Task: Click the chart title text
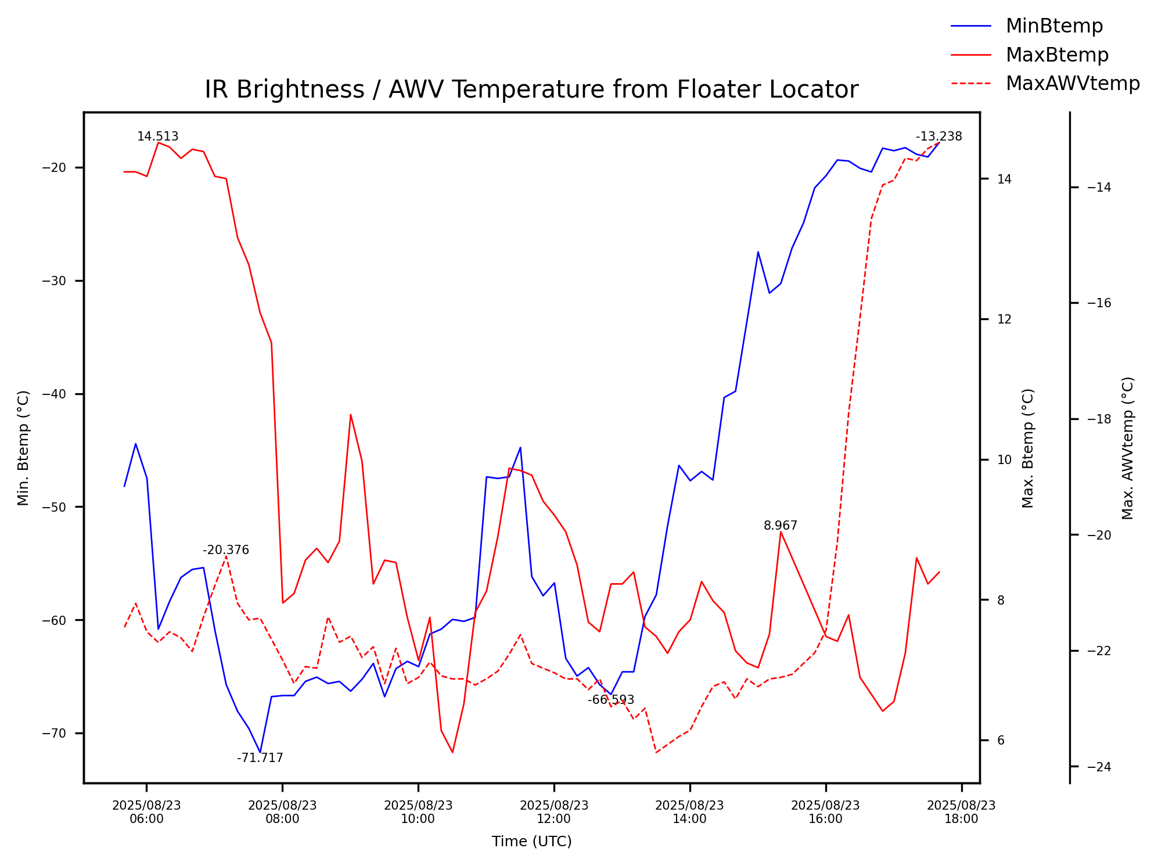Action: point(531,90)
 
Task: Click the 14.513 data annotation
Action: point(157,137)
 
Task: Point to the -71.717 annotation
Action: point(260,758)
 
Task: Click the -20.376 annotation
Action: point(225,550)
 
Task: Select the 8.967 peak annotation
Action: point(780,526)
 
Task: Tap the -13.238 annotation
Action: point(938,137)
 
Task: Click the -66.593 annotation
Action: point(610,700)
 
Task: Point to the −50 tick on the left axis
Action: point(54,507)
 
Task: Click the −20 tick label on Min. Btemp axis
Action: point(54,168)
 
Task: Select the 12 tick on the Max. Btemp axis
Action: point(1004,319)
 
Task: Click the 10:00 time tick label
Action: point(418,812)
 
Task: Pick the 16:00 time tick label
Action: point(825,812)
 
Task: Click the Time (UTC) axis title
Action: point(531,842)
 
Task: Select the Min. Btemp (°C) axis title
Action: point(23,448)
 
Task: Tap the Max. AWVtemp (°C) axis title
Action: point(1128,448)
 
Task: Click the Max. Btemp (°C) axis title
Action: point(1028,448)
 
